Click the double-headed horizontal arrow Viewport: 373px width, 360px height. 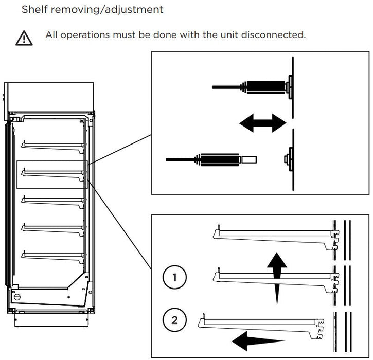coord(262,123)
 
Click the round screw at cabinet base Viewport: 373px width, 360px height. coord(17,297)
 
